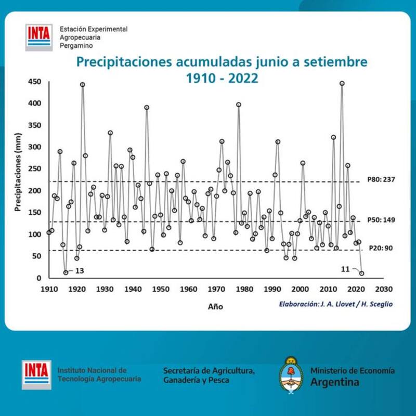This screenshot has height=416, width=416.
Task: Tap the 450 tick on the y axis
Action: tap(34, 82)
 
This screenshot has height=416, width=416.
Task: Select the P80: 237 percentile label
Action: tap(381, 180)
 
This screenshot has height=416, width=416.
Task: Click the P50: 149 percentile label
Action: tap(381, 220)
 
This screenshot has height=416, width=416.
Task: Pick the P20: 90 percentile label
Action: tap(382, 249)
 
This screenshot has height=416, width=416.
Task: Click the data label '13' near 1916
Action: tap(80, 271)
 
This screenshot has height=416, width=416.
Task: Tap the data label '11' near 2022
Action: tap(345, 268)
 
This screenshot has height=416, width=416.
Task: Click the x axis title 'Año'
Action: tap(215, 307)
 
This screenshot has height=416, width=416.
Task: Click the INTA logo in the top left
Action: tap(38, 36)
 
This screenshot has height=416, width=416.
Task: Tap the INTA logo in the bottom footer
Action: tap(36, 374)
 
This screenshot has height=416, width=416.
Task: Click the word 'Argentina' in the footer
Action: tap(335, 382)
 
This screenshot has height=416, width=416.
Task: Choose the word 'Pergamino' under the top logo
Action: tap(76, 46)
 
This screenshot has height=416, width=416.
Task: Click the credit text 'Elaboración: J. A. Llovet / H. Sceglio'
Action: tap(335, 304)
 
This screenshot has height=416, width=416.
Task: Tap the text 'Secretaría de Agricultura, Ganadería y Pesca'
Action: tap(209, 375)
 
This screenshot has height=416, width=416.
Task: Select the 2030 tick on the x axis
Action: tap(384, 289)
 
